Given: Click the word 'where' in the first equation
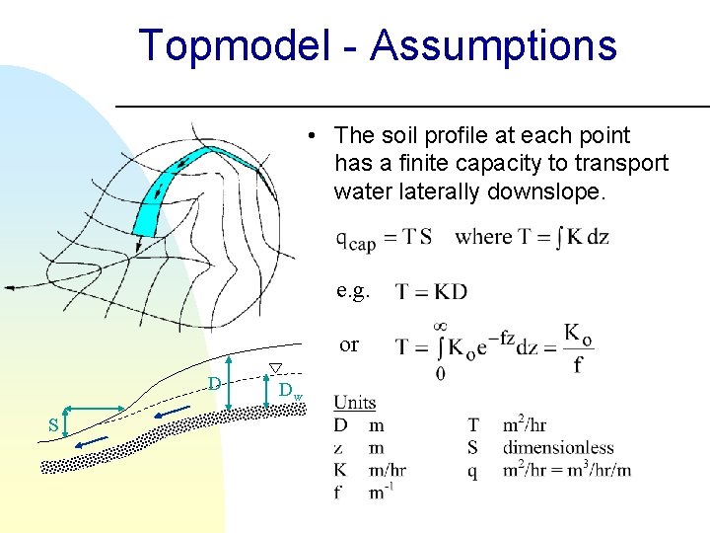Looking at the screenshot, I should tap(484, 237).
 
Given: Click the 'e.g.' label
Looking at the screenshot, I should tap(353, 290).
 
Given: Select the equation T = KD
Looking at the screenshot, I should tap(431, 291).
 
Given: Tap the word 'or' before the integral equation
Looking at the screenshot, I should tap(349, 344).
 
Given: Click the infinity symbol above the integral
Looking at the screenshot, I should tap(440, 327).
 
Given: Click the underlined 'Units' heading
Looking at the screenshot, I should tap(354, 402).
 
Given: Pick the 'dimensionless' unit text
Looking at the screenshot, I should tap(558, 448).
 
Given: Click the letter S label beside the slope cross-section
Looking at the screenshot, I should tap(54, 425).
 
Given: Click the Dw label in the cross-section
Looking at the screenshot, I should tap(289, 392).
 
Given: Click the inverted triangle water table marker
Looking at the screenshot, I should tap(276, 368).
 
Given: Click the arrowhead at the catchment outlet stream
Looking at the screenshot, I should tap(8, 286).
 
